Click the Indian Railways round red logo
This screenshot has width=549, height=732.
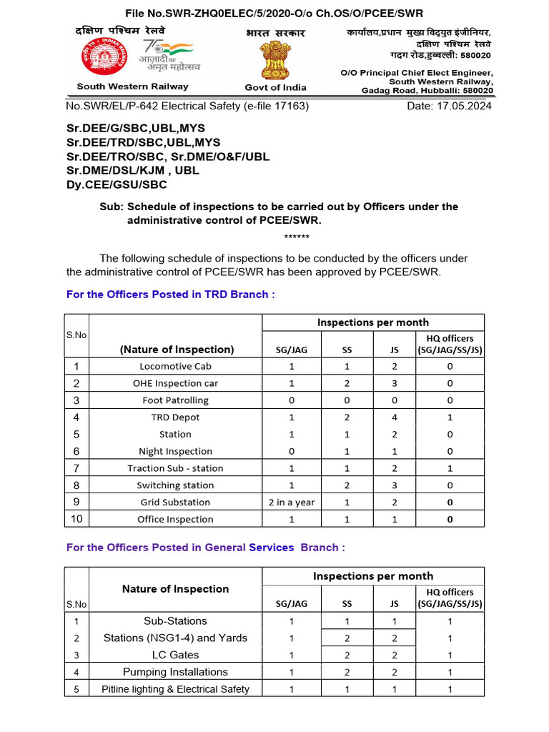(100, 57)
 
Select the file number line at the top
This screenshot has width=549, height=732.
(274, 14)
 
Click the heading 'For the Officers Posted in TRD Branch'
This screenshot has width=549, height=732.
(170, 295)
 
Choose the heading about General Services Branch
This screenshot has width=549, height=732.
(206, 547)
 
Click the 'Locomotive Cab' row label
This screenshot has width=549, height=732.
(175, 366)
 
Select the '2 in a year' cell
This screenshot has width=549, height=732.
(292, 502)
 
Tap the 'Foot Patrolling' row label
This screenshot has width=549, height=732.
(175, 400)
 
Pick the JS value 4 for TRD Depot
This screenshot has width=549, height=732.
(394, 417)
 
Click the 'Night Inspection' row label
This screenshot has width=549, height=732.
(175, 451)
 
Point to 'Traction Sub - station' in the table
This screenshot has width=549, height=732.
(175, 468)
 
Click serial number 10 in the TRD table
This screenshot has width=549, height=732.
(76, 519)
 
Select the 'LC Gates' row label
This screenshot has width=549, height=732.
(175, 655)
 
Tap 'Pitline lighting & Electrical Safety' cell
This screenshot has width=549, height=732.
(175, 689)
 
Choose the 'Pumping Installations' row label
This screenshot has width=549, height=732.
(175, 672)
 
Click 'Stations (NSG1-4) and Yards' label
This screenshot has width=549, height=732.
(175, 638)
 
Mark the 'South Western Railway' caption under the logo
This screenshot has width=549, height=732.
(133, 86)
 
